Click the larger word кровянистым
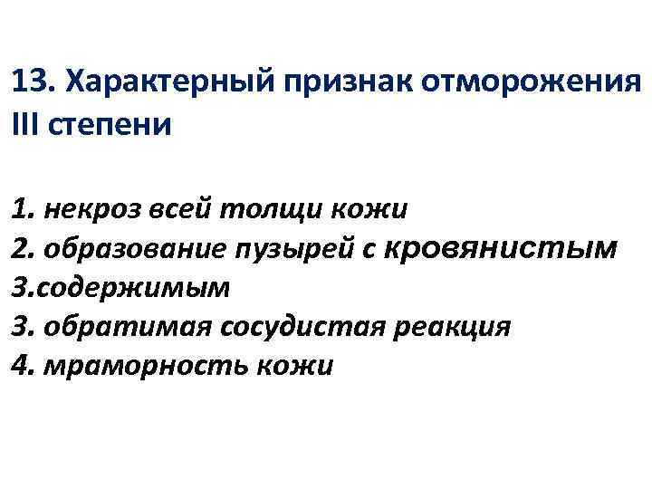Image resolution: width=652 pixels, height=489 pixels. pos(502,247)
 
